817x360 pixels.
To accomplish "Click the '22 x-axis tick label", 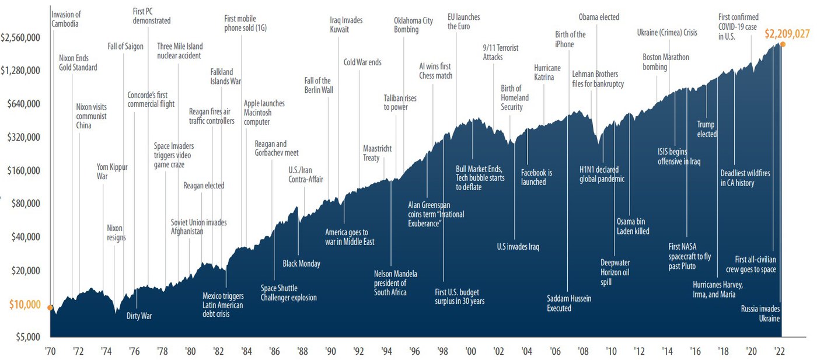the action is (778, 351).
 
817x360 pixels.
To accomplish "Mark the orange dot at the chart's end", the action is (783, 44).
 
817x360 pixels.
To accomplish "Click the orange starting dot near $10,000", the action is (50, 307).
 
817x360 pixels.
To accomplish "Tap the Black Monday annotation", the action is (301, 264).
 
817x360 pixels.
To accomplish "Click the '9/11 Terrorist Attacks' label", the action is (500, 53).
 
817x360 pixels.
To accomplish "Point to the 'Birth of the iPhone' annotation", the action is (570, 40).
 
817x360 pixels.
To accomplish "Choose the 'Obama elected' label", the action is (599, 17).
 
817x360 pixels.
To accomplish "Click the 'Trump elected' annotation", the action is (706, 129).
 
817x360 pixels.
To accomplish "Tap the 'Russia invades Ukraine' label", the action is (760, 313).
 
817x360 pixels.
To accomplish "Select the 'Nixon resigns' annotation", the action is (116, 233).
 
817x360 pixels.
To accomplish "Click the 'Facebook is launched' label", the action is (536, 177).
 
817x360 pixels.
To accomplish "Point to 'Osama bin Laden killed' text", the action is (633, 226).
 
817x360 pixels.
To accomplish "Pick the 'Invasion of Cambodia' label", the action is (65, 19).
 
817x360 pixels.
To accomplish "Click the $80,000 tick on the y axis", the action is (26, 204).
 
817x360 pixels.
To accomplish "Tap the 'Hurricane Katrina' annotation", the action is (547, 73).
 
